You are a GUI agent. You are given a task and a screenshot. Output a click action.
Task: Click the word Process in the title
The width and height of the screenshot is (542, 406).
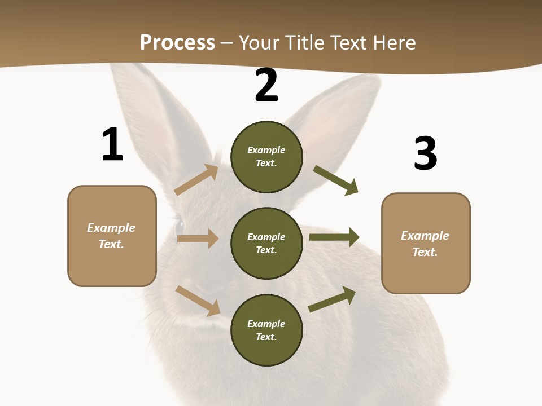177,43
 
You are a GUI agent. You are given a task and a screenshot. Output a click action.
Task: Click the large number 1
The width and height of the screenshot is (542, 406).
112,145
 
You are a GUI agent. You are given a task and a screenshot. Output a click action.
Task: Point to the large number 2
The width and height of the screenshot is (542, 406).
266,85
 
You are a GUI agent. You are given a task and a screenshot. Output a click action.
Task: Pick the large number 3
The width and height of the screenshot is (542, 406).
425,153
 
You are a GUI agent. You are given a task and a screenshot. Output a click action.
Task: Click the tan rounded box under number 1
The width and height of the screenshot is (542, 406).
112,236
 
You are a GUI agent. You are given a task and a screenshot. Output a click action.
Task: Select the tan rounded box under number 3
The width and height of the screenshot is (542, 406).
426,243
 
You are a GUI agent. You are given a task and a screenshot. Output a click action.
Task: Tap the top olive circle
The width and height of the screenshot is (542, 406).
266,157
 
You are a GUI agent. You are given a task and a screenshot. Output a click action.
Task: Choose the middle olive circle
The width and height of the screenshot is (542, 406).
266,243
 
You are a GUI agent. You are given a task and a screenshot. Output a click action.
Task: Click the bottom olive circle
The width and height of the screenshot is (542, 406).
266,330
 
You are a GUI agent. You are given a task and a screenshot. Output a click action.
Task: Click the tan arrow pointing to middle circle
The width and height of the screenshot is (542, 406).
198,239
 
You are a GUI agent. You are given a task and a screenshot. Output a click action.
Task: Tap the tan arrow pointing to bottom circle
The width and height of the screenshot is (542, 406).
198,301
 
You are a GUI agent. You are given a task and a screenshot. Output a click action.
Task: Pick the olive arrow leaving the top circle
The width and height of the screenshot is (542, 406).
336,180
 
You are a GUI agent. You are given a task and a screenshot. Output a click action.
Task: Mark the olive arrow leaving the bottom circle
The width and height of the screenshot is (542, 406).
333,299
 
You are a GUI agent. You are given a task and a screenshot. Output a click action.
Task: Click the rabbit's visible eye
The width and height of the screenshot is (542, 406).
180,225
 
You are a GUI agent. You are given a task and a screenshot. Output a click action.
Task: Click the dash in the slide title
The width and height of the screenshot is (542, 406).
227,43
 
